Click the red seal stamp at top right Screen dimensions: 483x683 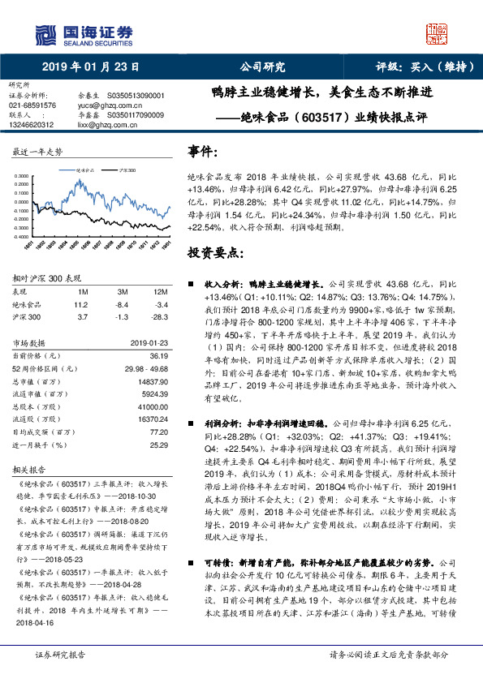pyautogui.click(x=436, y=33)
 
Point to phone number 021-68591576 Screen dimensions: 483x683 pyautogui.click(x=32, y=105)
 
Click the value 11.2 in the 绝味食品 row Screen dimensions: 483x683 pyautogui.click(x=80, y=303)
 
